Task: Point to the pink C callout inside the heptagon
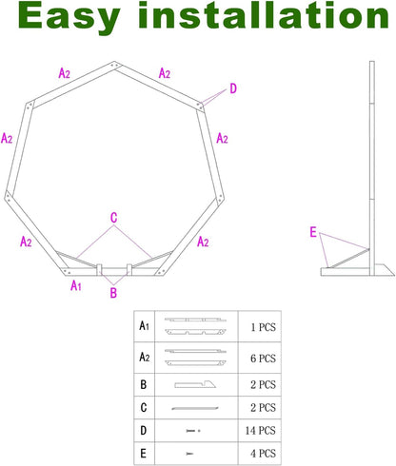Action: point(113,218)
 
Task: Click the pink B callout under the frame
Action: point(112,293)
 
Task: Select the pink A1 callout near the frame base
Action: point(76,283)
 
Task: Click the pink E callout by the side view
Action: point(313,231)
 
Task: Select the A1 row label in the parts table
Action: point(144,325)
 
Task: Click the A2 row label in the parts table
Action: point(144,357)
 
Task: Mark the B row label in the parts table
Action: point(144,384)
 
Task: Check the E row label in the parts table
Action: point(144,453)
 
